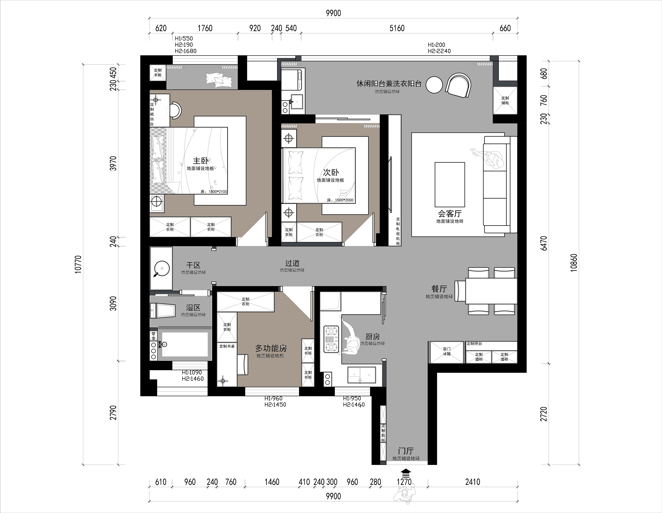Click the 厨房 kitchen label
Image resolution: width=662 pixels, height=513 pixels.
(373, 336)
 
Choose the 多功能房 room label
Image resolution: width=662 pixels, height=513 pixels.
(271, 348)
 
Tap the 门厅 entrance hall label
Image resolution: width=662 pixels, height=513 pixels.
(406, 451)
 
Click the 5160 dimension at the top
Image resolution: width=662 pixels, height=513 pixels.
(397, 28)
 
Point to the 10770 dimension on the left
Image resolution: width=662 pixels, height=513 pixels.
(78, 264)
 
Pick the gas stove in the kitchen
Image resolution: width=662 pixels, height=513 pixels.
(331, 339)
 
